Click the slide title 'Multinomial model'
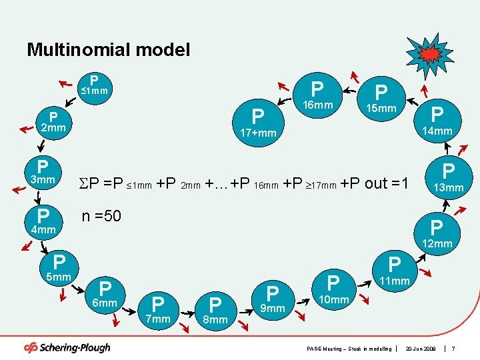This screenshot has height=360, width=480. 108,49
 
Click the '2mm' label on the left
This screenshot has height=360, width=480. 53,127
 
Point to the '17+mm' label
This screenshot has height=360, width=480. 257,133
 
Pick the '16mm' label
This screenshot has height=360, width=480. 317,106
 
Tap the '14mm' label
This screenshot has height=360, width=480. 437,131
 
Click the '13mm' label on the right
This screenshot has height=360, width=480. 448,187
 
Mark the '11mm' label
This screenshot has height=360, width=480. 394,281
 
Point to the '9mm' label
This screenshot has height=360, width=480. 272,308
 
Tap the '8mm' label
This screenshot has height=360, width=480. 215,319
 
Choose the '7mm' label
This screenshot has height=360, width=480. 158,319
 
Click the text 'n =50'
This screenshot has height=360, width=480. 101,216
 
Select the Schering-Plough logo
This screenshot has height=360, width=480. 67,347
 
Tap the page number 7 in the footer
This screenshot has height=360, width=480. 453,349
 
